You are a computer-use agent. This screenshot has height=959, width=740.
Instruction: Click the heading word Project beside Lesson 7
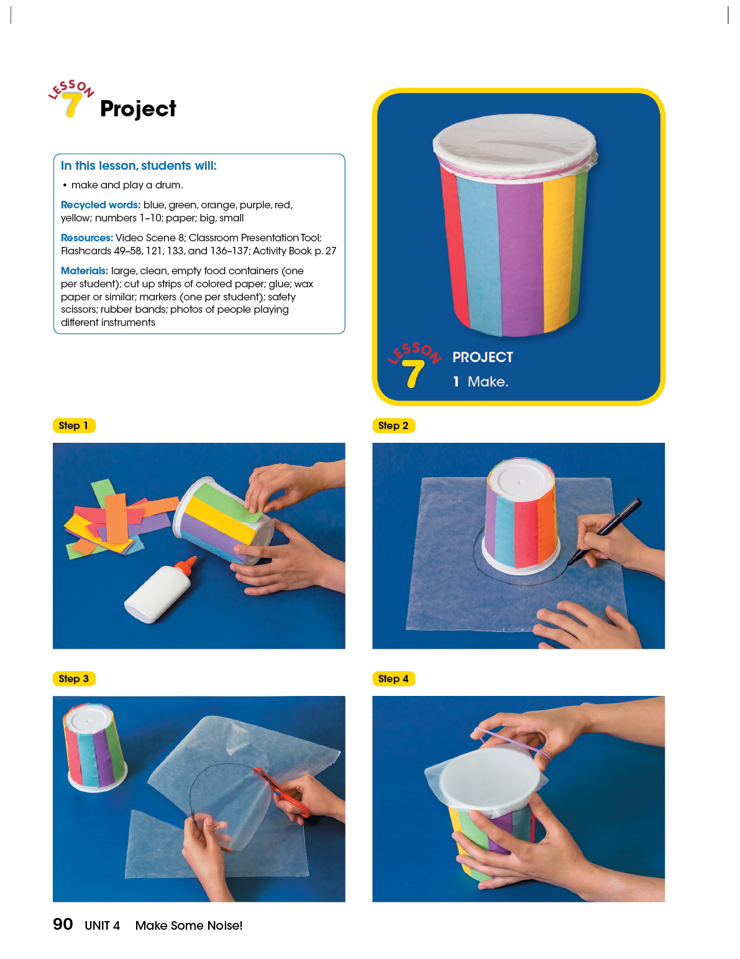[138, 109]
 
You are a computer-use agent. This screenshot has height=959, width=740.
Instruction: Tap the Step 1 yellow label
[74, 425]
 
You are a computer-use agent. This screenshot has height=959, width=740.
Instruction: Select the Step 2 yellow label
[393, 425]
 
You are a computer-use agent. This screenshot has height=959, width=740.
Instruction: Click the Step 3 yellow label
[74, 679]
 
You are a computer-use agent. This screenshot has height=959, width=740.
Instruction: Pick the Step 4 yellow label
[393, 679]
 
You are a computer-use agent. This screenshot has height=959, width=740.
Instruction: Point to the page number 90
[63, 924]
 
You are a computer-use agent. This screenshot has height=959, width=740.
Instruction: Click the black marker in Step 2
[604, 531]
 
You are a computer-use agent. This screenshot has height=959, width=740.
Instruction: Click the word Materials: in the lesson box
[84, 271]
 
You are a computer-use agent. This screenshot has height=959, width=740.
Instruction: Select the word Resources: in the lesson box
[87, 238]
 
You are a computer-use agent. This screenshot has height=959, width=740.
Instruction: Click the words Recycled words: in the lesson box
[101, 205]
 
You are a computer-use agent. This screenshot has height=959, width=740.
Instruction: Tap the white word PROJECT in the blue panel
[483, 357]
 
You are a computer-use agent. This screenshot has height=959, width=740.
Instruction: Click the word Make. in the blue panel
[488, 382]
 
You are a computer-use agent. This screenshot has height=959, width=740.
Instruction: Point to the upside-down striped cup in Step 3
[95, 747]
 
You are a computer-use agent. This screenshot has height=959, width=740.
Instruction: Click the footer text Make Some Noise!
[189, 925]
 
